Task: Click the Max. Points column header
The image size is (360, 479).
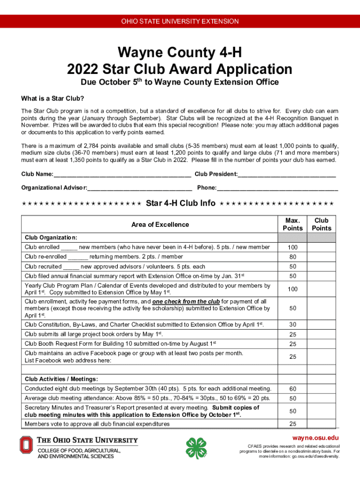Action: [x=293, y=224]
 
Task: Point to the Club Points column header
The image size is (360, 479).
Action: [x=322, y=224]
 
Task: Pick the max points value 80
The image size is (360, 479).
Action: [x=293, y=257]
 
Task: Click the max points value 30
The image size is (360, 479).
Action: [x=293, y=325]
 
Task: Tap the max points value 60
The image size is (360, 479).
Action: [x=293, y=389]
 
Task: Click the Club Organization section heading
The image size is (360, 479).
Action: [x=51, y=237]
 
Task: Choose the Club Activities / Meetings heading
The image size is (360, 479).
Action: [x=61, y=379]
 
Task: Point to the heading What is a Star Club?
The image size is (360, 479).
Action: [x=52, y=99]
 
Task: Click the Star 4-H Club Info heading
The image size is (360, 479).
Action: [x=180, y=203]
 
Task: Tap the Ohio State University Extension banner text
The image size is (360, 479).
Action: [x=180, y=22]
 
